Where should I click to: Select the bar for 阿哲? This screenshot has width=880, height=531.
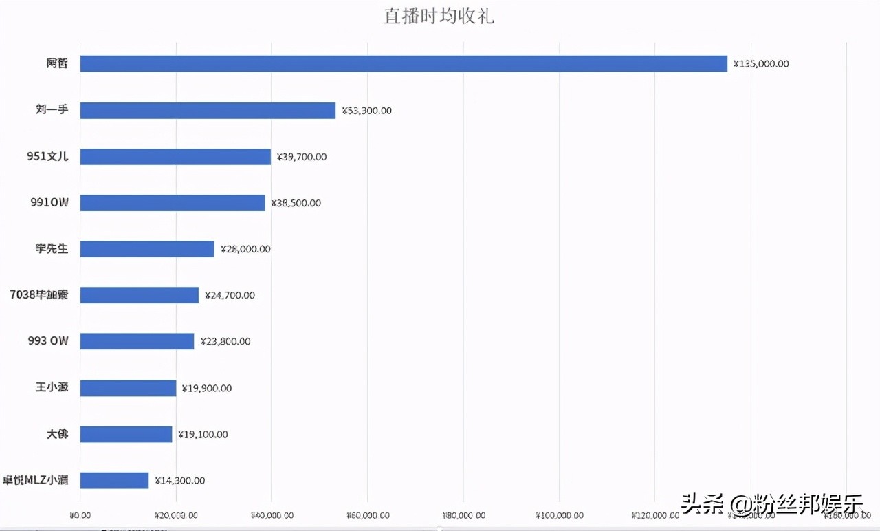(x=404, y=64)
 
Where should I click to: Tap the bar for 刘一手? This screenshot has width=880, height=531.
(x=208, y=110)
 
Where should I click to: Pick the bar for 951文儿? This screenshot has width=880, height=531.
(x=175, y=157)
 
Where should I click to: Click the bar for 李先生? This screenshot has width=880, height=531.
(x=147, y=249)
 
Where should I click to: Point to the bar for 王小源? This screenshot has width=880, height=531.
(x=128, y=388)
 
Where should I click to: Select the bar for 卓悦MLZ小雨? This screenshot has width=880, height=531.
(x=114, y=480)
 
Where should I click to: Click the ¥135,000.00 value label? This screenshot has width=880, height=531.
(x=761, y=64)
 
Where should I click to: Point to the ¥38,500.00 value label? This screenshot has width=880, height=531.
(x=296, y=203)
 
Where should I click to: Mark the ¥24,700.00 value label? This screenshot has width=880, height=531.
(x=230, y=295)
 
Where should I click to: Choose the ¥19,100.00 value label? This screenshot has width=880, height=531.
(x=203, y=434)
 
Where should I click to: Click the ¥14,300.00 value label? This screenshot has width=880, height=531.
(x=179, y=480)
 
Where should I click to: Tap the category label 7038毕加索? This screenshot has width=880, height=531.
(x=39, y=295)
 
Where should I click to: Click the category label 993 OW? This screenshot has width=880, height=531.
(x=48, y=341)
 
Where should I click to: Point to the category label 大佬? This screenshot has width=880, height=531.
(x=57, y=434)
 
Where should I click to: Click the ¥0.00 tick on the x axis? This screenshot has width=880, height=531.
(x=80, y=514)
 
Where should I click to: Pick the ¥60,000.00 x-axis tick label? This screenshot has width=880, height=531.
(x=368, y=514)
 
